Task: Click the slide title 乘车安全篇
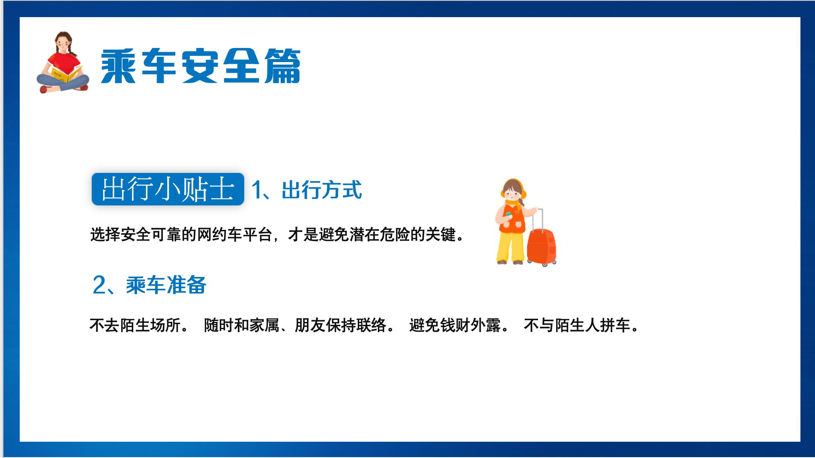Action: tap(201, 66)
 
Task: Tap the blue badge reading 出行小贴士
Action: tap(168, 189)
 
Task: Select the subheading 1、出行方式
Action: tap(307, 190)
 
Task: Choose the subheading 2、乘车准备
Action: tap(150, 285)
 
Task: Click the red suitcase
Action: tap(542, 247)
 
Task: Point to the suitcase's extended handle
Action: tap(541, 219)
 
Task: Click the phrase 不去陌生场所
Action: tap(135, 325)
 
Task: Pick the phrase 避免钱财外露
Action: tap(455, 325)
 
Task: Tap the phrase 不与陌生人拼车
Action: tap(577, 325)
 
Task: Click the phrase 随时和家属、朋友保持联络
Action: tap(295, 325)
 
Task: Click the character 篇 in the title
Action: tap(282, 66)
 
